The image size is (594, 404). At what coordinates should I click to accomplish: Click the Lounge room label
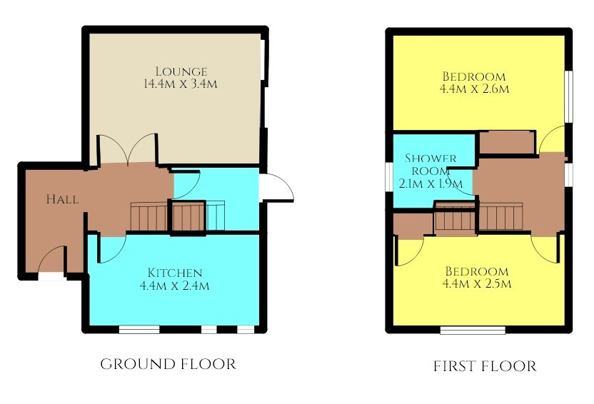coord(181,71)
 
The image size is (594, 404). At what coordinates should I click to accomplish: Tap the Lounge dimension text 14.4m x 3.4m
coord(181,84)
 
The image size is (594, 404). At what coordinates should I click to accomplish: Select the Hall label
coord(62,199)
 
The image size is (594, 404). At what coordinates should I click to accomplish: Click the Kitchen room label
coord(175,273)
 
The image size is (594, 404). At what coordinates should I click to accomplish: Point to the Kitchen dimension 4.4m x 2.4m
coord(175,286)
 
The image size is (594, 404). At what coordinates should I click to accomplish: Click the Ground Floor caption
coord(168,365)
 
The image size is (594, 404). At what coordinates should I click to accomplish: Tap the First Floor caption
coord(485,367)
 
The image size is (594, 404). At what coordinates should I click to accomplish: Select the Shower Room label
coord(430,164)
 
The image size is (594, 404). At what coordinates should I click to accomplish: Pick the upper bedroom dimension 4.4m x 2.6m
coord(473,90)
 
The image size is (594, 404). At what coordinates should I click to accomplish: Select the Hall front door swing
coord(51,261)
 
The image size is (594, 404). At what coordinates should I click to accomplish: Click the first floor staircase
coord(478,216)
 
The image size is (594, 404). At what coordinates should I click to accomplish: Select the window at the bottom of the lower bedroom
coord(473,330)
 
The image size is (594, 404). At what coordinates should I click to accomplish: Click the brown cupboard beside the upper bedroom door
coord(507,143)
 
